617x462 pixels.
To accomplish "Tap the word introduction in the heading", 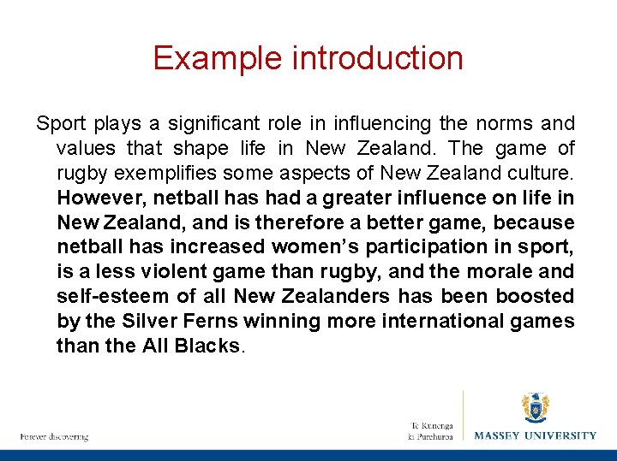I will point(378,58).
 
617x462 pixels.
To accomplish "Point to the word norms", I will point(511,124).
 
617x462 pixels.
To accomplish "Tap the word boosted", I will point(539,297).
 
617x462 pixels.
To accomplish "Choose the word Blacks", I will point(206,346).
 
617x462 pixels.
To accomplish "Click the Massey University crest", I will point(536,409).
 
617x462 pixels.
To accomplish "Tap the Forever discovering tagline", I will point(55,437).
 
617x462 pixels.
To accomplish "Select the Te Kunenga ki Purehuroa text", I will point(430,430).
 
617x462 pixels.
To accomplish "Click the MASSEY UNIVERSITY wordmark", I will point(536,435).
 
